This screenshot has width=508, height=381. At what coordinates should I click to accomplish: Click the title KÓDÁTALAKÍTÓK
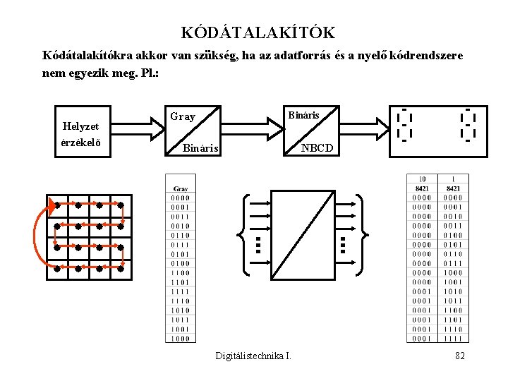258,32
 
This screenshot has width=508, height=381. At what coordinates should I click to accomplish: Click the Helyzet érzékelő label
81,133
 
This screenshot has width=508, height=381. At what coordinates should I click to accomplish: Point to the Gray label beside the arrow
182,116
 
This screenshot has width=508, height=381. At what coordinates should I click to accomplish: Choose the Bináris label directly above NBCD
304,114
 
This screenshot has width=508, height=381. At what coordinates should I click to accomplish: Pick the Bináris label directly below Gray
201,148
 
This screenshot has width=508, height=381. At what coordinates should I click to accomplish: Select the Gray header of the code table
181,190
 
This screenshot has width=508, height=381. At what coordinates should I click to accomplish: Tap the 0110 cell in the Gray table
181,235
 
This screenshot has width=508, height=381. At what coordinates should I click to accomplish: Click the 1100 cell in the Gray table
181,272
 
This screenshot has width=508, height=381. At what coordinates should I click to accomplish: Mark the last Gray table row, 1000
181,338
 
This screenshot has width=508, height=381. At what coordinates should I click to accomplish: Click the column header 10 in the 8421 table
423,179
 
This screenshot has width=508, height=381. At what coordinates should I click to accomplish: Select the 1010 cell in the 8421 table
453,291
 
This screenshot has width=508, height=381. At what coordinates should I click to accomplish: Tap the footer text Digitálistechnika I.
253,356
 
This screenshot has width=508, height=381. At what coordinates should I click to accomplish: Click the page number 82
459,356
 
